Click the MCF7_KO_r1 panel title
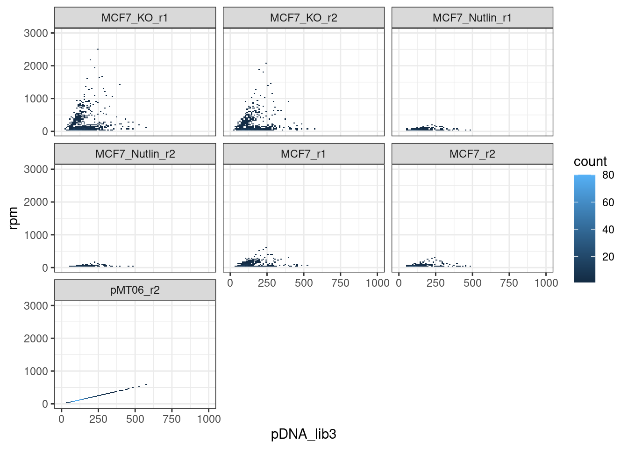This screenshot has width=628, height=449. tap(135, 18)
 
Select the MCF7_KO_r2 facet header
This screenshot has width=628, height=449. tap(303, 18)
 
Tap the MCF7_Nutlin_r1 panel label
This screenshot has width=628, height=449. tap(472, 18)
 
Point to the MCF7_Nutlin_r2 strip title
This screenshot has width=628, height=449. tap(135, 154)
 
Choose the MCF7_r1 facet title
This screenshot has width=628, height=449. tap(303, 154)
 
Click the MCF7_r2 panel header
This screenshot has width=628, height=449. tap(472, 154)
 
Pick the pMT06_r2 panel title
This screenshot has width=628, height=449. tap(135, 290)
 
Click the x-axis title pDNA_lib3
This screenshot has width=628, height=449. tap(303, 434)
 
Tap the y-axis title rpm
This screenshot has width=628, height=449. tap(14, 218)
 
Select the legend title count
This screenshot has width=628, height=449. tap(590, 161)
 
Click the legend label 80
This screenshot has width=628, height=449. tap(608, 175)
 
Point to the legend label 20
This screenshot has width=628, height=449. tap(608, 257)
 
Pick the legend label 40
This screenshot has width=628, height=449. tap(608, 230)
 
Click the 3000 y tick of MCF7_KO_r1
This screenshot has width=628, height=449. tap(36, 33)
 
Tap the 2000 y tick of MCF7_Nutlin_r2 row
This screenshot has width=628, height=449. tap(36, 202)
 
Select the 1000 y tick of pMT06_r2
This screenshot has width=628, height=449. tap(36, 371)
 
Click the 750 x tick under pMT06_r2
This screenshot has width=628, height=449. tap(172, 419)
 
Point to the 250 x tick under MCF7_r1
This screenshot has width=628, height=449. tap(267, 283)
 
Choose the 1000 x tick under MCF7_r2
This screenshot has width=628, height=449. tap(546, 283)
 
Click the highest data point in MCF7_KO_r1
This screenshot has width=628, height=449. tap(97, 49)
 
